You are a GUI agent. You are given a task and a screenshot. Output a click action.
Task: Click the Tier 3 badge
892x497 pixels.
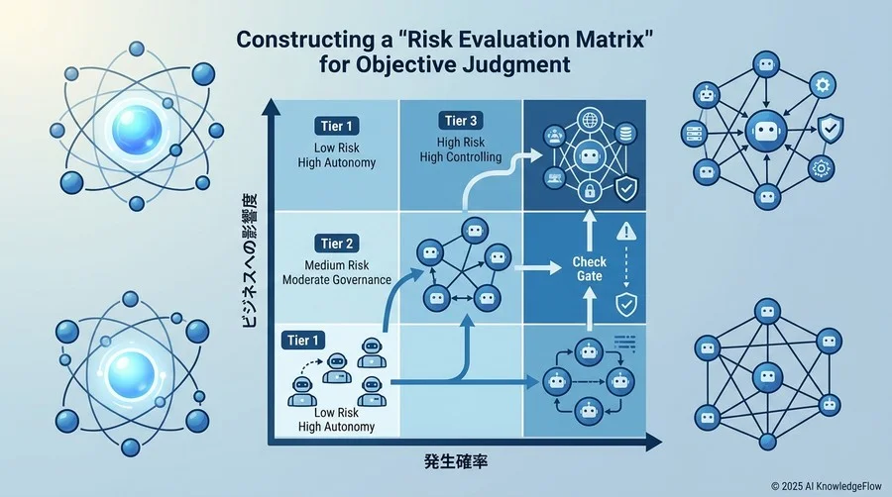pyautogui.click(x=461, y=121)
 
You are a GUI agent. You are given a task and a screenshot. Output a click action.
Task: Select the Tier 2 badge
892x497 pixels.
pyautogui.click(x=336, y=244)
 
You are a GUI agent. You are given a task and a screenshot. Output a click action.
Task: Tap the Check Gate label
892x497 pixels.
pyautogui.click(x=590, y=268)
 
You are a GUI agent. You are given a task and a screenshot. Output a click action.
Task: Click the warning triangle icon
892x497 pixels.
pyautogui.click(x=626, y=231)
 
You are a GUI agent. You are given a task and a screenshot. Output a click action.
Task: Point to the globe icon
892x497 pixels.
pyautogui.click(x=590, y=121)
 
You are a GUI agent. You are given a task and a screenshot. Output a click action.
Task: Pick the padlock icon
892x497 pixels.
pyautogui.click(x=590, y=191)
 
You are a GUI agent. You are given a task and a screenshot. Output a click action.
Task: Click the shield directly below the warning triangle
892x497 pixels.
pyautogui.click(x=626, y=305)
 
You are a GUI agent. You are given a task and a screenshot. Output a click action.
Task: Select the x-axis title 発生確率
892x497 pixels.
pyautogui.click(x=456, y=461)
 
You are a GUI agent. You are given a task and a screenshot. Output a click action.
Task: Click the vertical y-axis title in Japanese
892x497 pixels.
pyautogui.click(x=249, y=260)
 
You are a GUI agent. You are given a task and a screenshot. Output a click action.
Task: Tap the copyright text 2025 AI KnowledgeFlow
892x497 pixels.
pyautogui.click(x=827, y=486)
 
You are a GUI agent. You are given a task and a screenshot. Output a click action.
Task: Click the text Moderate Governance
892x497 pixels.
pyautogui.click(x=337, y=280)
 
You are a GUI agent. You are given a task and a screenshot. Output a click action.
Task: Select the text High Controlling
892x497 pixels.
pyautogui.click(x=461, y=157)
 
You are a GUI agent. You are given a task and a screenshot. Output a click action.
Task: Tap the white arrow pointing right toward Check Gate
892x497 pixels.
pyautogui.click(x=537, y=267)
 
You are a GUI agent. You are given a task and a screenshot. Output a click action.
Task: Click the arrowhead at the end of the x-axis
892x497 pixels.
pyautogui.click(x=654, y=442)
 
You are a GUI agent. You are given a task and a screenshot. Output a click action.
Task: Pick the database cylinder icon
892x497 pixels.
pyautogui.click(x=625, y=134)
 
